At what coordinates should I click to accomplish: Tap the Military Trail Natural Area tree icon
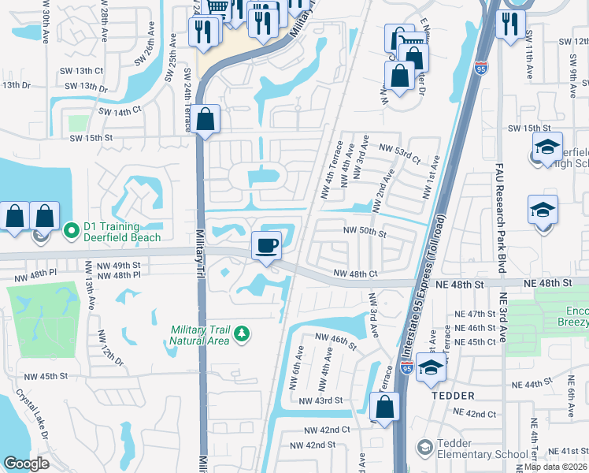click(243, 334)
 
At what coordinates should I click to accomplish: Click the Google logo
click(27, 463)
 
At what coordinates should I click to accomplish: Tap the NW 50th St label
click(365, 233)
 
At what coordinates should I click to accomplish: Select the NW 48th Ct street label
click(355, 274)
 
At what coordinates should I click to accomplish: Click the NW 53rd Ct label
click(400, 147)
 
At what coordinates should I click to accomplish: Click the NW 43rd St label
click(320, 400)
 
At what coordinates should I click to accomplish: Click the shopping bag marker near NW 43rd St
click(384, 408)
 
